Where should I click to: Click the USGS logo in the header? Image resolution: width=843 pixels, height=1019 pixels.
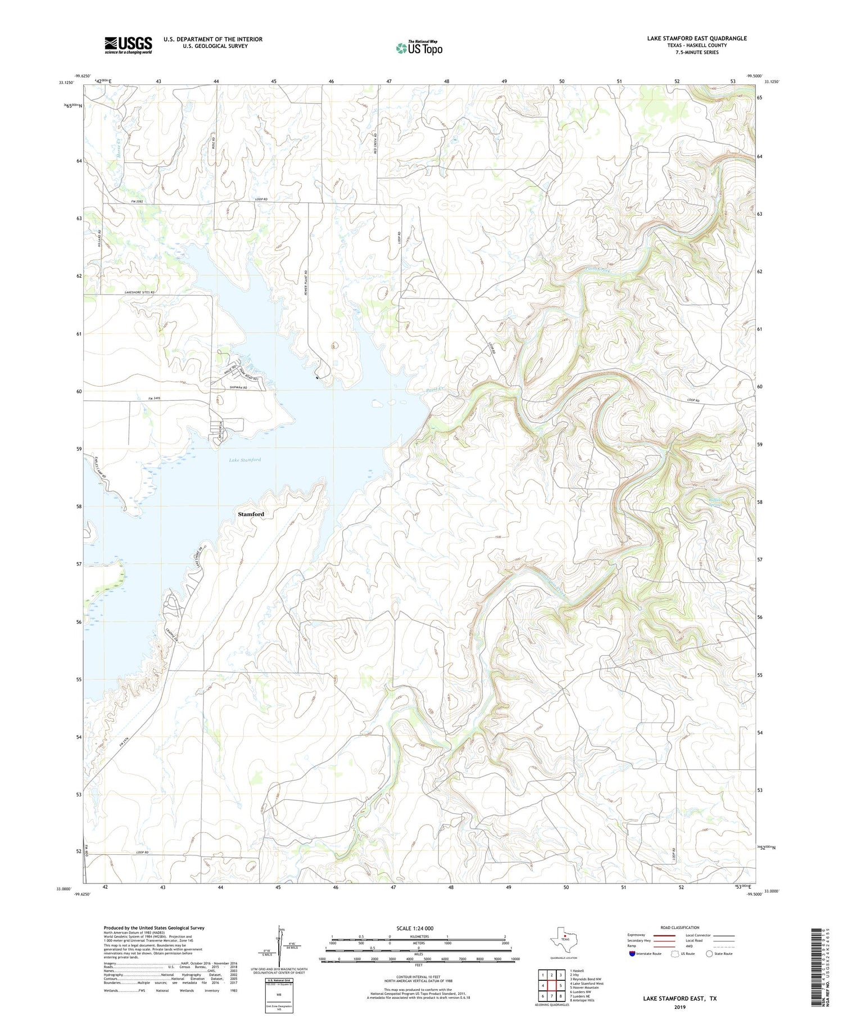click(128, 45)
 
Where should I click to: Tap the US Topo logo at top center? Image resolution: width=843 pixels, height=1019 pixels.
click(419, 48)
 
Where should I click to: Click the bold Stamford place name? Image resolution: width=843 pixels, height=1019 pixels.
click(251, 514)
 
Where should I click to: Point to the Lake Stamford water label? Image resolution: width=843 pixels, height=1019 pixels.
click(244, 460)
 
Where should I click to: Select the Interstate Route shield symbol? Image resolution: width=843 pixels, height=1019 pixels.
click(632, 954)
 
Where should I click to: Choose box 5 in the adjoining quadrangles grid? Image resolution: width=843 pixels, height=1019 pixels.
click(561, 985)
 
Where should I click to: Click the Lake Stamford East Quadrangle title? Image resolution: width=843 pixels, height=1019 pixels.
click(697, 38)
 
